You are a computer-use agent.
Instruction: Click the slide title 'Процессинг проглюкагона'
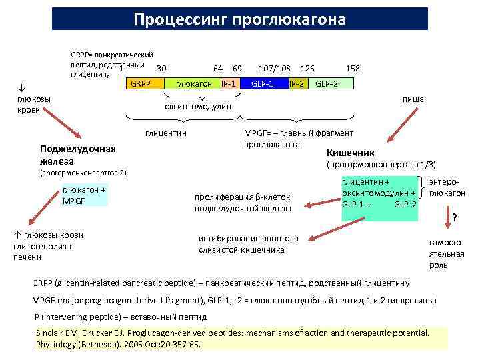coord(239,18)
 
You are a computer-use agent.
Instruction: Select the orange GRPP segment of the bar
coord(140,84)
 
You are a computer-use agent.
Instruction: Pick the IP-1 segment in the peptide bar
coord(230,84)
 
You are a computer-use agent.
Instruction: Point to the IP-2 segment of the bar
coord(297,84)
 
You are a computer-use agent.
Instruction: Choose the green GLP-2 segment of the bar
coord(330,84)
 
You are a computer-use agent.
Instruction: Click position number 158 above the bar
coord(353,69)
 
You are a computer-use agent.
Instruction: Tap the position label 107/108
coord(274,69)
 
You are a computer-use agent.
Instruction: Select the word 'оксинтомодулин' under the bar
coord(198,107)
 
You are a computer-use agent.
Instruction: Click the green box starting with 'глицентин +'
coord(379,192)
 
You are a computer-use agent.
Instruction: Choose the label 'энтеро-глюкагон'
coord(447,187)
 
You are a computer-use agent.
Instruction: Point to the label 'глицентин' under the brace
coord(165,133)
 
